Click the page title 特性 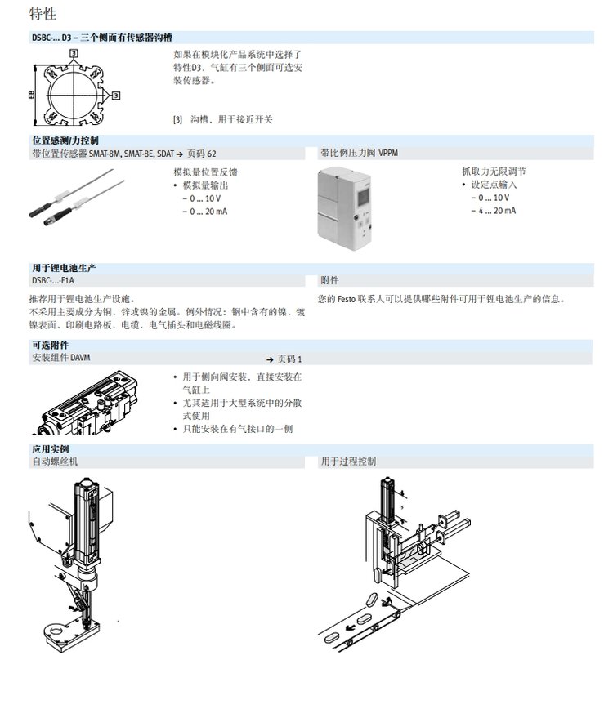pos(43,14)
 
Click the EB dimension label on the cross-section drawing pos(31,95)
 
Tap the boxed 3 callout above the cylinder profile pos(74,53)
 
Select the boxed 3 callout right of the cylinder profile pos(116,96)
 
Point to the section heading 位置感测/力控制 pos(65,140)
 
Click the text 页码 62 pos(202,154)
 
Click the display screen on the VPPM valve pos(364,195)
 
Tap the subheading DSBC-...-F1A pos(53,280)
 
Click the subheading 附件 pos(329,280)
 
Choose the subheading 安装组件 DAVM pos(61,358)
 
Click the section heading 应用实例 pos(50,449)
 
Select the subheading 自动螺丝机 pos(55,462)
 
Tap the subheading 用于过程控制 pos(348,462)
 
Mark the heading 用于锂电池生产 pos(64,268)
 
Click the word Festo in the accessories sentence pos(347,299)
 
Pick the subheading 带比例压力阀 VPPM pos(359,153)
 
